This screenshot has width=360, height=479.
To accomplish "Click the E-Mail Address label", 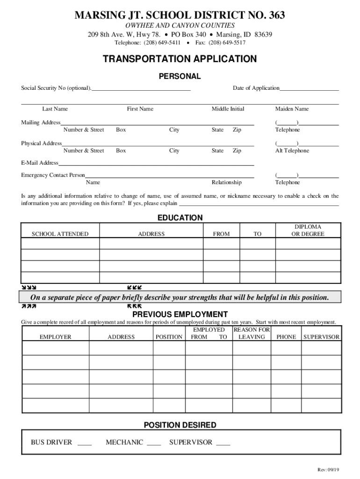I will point(40,163).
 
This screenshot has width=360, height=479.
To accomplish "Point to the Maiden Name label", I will point(292,109).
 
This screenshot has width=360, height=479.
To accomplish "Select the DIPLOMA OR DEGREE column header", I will point(308,230).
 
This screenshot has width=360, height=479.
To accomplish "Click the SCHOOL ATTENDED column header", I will point(60,234).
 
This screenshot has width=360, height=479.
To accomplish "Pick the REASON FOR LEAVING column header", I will point(252,333).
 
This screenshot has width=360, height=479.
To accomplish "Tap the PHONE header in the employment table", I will point(287,337).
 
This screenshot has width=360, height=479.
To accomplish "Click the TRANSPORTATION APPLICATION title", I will point(180,59).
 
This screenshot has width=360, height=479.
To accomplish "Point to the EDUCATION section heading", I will point(180,218).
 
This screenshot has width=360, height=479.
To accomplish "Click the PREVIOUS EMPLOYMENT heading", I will point(180,314).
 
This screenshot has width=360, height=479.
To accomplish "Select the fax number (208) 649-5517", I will point(227,43).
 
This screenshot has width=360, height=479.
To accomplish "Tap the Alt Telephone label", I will point(292,151).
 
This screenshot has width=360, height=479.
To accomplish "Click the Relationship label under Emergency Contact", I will point(227,182).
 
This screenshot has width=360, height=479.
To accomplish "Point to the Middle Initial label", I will point(228,109).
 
